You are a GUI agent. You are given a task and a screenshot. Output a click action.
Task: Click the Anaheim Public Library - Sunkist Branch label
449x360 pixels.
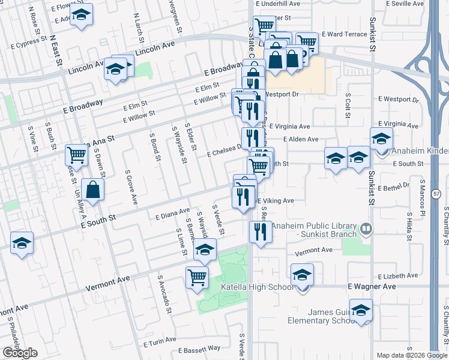[315, 230]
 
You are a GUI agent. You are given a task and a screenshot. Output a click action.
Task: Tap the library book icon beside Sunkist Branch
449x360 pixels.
[366, 229]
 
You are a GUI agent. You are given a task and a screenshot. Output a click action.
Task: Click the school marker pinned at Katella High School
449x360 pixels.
[302, 275]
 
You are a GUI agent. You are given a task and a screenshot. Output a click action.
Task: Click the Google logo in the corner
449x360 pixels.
[20, 353]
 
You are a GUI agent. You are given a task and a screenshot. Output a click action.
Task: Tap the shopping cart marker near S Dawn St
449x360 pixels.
[77, 155]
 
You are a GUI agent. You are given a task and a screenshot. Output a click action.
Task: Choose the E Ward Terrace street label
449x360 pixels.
[344, 34]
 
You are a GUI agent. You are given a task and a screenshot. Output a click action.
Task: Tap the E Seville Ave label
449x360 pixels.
[405, 4]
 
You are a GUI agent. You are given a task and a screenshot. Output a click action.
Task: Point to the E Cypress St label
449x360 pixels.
[25, 42]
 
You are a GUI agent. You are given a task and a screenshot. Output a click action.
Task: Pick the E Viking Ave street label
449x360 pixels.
[276, 201]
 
